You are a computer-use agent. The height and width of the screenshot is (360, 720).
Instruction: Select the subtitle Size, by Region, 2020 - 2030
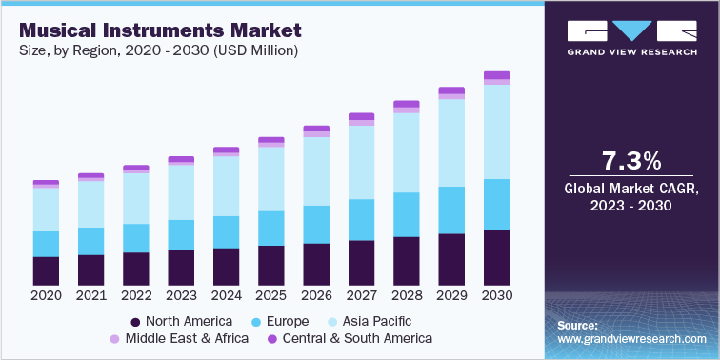pyautogui.click(x=157, y=50)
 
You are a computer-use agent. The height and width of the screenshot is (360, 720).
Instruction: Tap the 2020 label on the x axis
pyautogui.click(x=46, y=296)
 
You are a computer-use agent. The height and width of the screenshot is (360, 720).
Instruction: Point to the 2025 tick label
pyautogui.click(x=270, y=296)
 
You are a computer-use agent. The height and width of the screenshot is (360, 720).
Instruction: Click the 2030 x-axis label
pyautogui.click(x=496, y=296)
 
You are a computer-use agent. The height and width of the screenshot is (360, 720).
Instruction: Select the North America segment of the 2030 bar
pyautogui.click(x=496, y=257)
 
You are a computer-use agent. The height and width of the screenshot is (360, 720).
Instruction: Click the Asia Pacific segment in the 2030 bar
pyautogui.click(x=496, y=131)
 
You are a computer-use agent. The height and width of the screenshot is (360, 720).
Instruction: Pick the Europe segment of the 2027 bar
pyautogui.click(x=361, y=219)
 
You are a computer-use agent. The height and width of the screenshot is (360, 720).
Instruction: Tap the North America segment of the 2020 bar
pyautogui.click(x=46, y=270)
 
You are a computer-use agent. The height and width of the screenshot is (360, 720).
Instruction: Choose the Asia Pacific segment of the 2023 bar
pyautogui.click(x=181, y=192)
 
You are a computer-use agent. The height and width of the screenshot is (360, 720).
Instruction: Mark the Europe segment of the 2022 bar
pyautogui.click(x=136, y=238)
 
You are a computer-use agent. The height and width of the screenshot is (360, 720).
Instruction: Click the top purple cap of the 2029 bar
pyautogui.click(x=451, y=90)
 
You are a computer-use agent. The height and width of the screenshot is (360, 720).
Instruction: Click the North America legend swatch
pyautogui.click(x=137, y=321)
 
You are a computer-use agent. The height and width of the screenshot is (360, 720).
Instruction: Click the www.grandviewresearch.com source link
pyautogui.click(x=632, y=339)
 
